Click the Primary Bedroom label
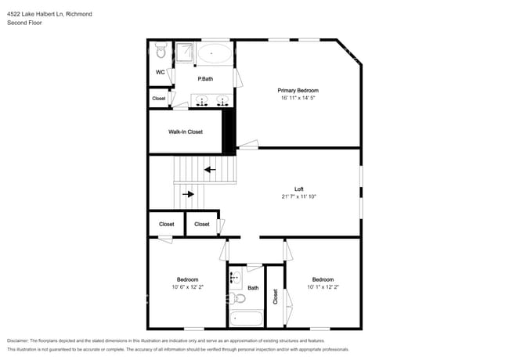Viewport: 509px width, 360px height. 298,90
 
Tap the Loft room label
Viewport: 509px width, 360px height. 298,189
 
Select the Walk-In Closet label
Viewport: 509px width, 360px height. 186,131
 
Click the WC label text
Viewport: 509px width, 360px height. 160,73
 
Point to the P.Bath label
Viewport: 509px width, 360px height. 206,78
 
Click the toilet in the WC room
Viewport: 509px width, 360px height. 161,52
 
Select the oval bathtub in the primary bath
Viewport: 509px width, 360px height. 214,54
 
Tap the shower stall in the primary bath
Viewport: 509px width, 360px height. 184,52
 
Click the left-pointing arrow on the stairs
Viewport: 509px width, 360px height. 209,168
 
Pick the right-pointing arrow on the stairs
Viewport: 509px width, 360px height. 188,194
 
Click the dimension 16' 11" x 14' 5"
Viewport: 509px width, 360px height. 298,98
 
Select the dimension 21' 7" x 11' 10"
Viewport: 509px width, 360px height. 298,196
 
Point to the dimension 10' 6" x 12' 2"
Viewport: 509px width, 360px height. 187,287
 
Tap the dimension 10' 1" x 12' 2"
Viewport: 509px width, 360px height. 323,287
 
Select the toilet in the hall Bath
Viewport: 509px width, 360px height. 240,297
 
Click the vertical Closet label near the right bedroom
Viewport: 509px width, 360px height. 275,297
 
